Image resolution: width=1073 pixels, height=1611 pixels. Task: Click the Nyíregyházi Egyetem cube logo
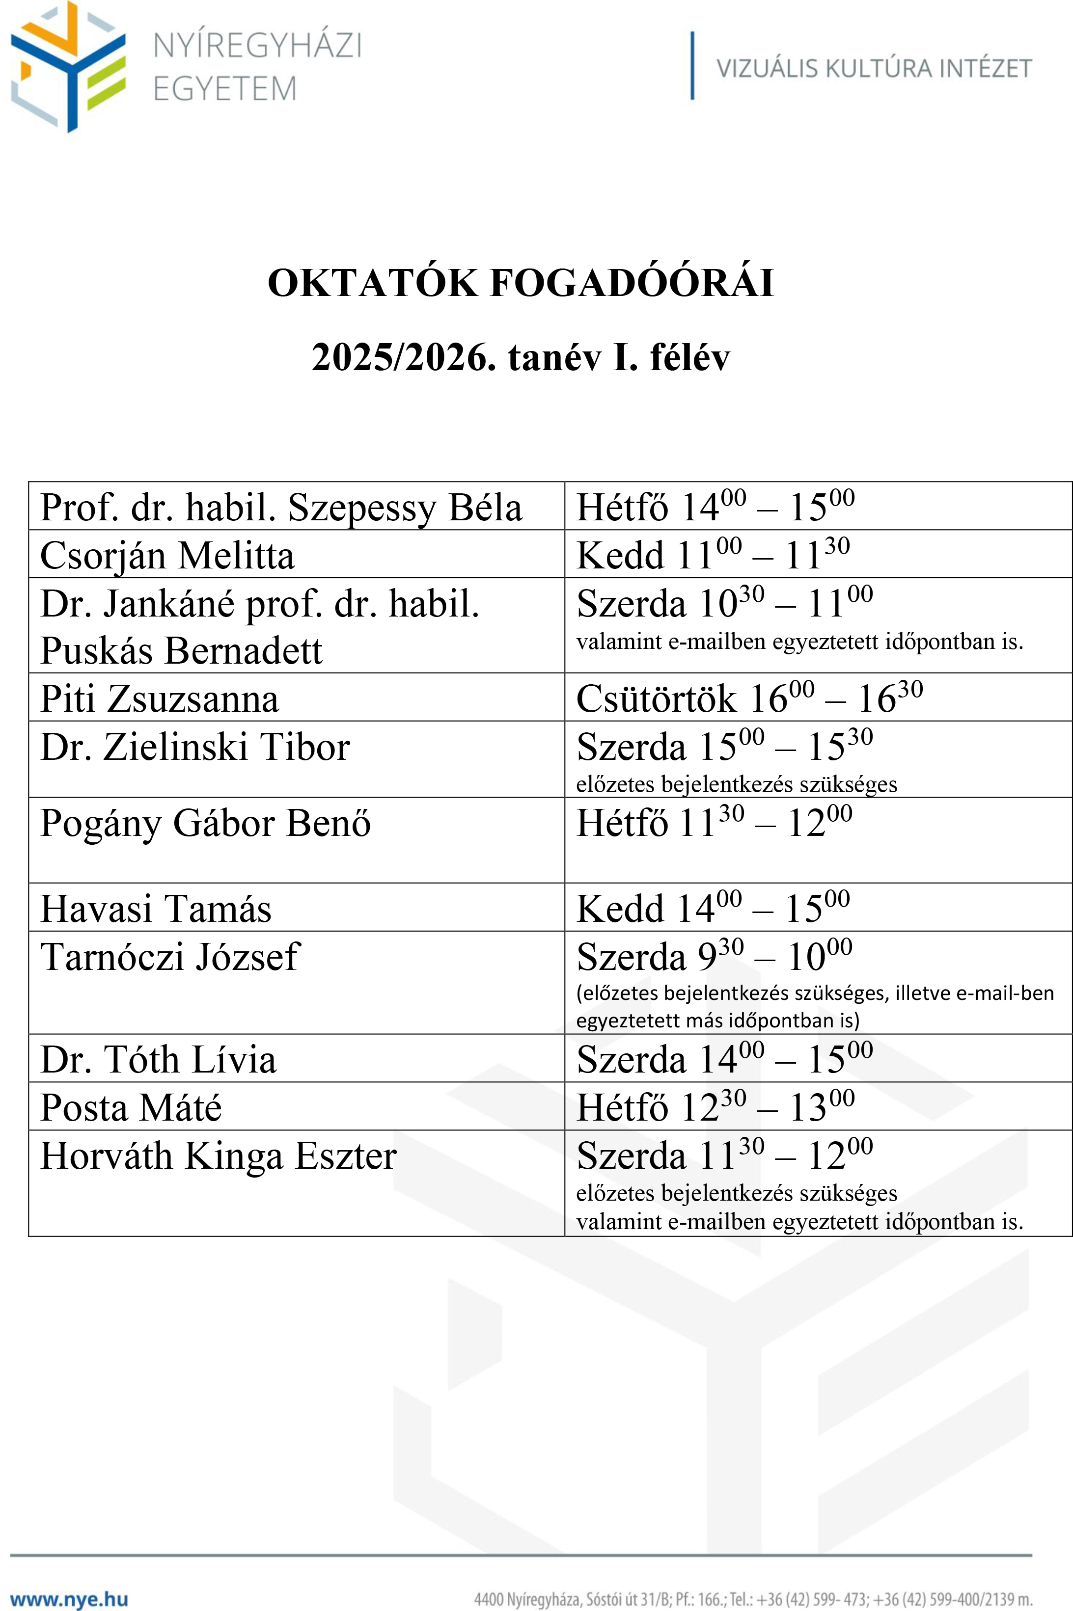(x=68, y=66)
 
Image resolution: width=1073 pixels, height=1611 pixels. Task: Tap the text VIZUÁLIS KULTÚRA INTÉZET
(x=873, y=68)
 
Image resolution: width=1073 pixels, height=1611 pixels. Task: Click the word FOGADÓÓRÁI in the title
(x=633, y=283)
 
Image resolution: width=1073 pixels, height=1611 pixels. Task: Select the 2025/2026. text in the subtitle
(x=404, y=357)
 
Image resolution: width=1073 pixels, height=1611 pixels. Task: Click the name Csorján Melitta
(x=167, y=556)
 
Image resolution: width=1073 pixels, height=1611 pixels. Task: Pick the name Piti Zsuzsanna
(x=160, y=699)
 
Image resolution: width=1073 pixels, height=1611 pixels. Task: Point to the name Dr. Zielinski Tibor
(x=195, y=747)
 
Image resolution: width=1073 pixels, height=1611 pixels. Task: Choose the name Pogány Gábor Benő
(x=205, y=823)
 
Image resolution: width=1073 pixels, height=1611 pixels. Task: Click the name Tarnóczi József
(x=170, y=957)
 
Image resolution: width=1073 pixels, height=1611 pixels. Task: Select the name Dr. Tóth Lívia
(x=158, y=1060)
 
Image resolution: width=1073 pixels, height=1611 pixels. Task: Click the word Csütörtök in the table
(x=656, y=699)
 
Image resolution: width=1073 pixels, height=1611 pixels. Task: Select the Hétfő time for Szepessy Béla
(x=715, y=507)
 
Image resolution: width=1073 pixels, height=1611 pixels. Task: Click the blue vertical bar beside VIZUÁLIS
(x=692, y=66)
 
